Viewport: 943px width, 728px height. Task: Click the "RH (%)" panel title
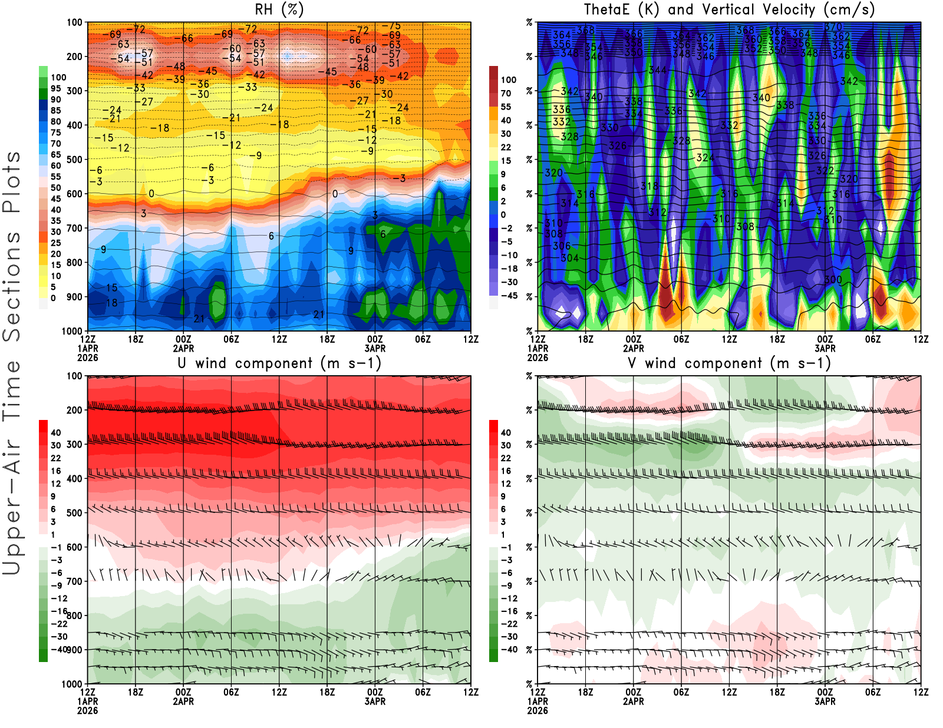[x=279, y=10]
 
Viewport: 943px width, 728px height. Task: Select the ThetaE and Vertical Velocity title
[x=729, y=10]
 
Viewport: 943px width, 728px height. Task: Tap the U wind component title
[x=279, y=363]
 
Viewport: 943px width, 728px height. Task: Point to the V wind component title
[x=729, y=363]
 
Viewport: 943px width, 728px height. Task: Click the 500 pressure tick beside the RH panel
[x=75, y=160]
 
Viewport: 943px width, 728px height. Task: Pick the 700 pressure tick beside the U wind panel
[x=75, y=581]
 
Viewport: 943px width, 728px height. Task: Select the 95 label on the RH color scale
[x=55, y=88]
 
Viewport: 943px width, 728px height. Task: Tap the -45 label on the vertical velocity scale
[x=509, y=296]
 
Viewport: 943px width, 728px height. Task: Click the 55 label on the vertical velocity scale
[x=506, y=107]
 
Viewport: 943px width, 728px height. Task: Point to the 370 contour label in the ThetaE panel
[x=833, y=27]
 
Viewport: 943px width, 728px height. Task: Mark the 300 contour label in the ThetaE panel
[x=833, y=280]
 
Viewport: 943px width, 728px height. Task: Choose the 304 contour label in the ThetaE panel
[x=569, y=258]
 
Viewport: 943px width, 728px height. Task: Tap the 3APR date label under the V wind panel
[x=825, y=701]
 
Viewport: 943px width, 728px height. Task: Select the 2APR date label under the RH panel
[x=183, y=348]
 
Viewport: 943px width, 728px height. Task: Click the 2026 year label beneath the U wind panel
[x=87, y=711]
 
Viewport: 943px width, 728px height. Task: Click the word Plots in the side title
[x=12, y=182]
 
